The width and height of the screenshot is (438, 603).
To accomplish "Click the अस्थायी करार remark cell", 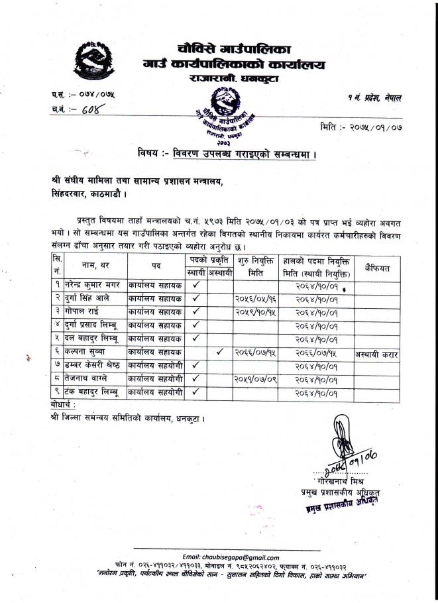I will [377, 355].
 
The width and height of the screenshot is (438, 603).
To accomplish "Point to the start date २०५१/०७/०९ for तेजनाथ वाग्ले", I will [255, 380].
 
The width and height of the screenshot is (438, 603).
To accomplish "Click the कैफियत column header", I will [377, 268].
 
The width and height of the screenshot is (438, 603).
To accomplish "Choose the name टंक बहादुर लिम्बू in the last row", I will [92, 394].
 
